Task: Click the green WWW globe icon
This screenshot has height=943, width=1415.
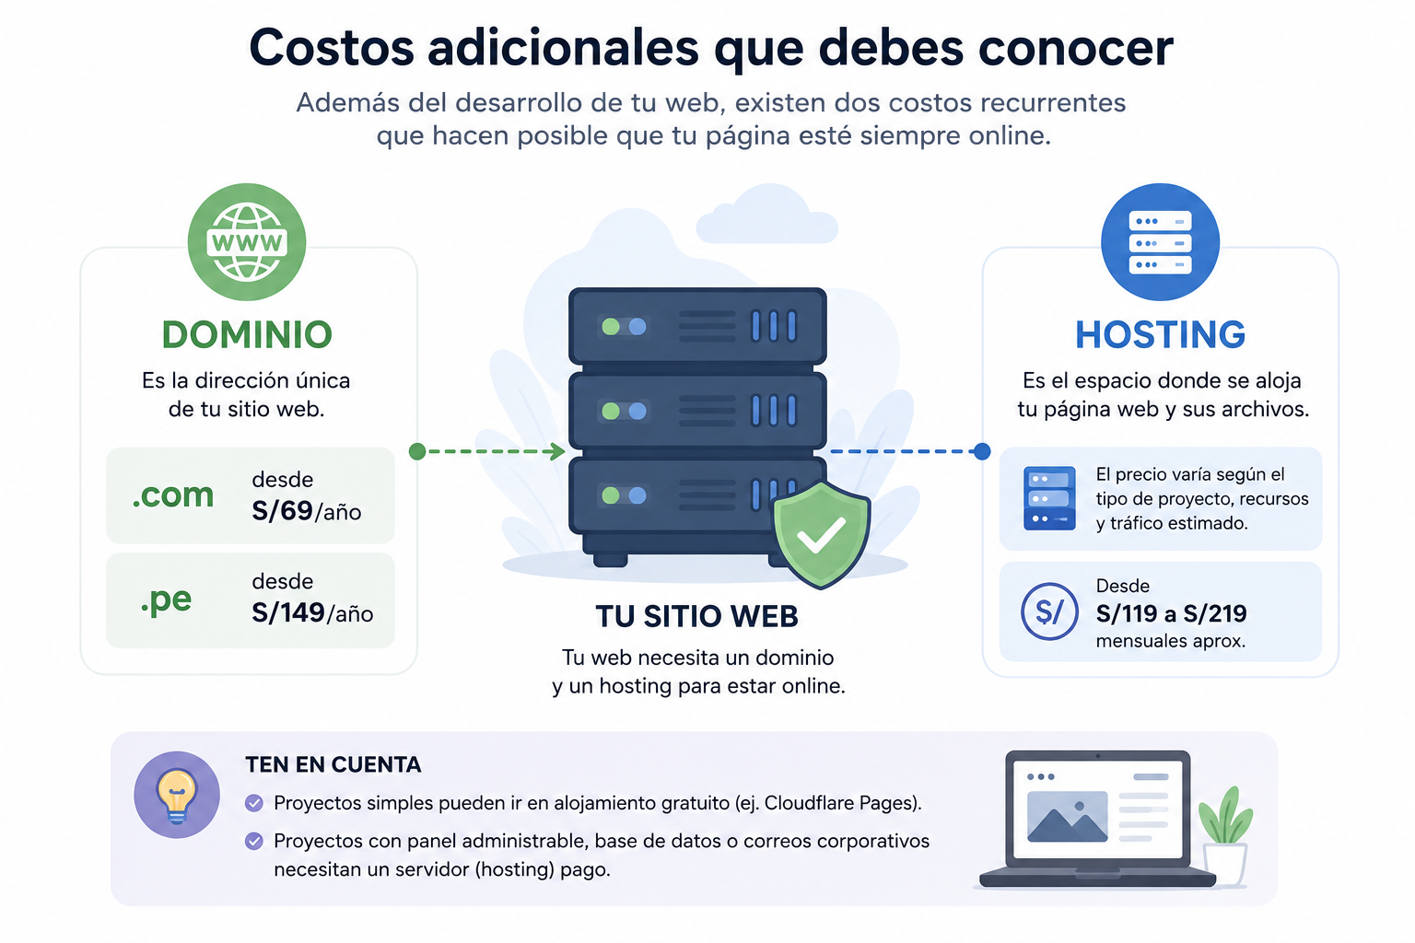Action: coord(246,242)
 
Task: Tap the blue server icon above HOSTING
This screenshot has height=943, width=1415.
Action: coord(1160,242)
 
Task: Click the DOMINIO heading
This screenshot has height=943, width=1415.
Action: coord(247,335)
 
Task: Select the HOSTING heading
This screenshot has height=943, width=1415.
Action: coord(1161,335)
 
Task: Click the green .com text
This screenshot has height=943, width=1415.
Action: coord(173,495)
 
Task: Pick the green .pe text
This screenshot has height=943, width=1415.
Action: coord(166,600)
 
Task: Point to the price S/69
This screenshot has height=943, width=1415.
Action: coord(283,511)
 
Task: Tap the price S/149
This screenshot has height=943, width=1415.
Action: coord(288,612)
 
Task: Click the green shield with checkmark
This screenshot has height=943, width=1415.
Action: coord(821,534)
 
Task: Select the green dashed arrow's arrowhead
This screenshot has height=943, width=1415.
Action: coord(557,451)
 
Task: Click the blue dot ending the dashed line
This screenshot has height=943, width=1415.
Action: coord(982,451)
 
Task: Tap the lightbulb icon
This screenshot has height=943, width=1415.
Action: coord(177,795)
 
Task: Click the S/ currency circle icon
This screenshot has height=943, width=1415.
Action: coord(1049,611)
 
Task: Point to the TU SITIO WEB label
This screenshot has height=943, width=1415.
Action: coord(696,616)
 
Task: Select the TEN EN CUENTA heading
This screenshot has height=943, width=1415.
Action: coord(333,765)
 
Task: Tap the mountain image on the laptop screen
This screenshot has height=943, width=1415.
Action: coord(1068,817)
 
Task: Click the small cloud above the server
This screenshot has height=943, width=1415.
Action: coord(766,215)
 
